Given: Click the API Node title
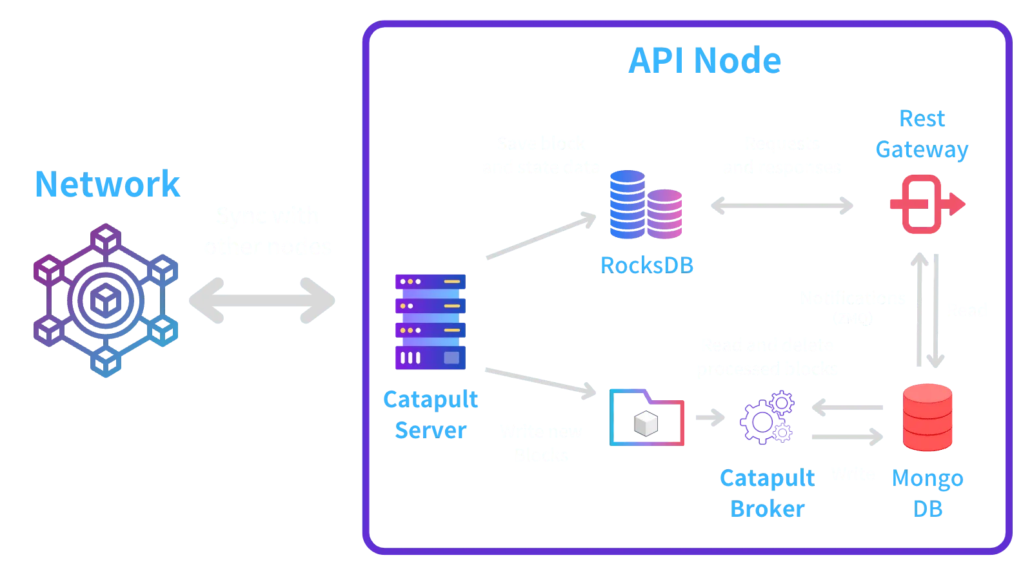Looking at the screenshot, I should pyautogui.click(x=704, y=62).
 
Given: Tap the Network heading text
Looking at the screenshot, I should pyautogui.click(x=108, y=184).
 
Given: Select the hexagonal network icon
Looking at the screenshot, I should pyautogui.click(x=106, y=300).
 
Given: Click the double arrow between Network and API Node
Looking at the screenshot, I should pyautogui.click(x=261, y=300).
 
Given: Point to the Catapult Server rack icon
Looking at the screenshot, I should pyautogui.click(x=430, y=322).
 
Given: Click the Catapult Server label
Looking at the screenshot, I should pyautogui.click(x=430, y=414).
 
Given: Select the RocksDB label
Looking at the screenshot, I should pyautogui.click(x=647, y=264).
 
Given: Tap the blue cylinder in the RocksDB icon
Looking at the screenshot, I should pyautogui.click(x=627, y=205).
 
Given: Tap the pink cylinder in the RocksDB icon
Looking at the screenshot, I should pyautogui.click(x=666, y=214).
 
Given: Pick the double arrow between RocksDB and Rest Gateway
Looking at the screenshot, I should pyautogui.click(x=781, y=206).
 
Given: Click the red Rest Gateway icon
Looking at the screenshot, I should pyautogui.click(x=925, y=204).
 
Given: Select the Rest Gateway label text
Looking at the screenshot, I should pyautogui.click(x=922, y=134).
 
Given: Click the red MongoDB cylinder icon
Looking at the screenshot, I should pyautogui.click(x=928, y=417).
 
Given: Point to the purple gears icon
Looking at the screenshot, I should pyautogui.click(x=768, y=417).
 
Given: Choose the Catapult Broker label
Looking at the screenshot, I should pyautogui.click(x=767, y=494).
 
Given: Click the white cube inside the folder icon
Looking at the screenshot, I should pyautogui.click(x=646, y=423).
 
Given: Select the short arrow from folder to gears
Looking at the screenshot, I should pyautogui.click(x=709, y=418).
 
